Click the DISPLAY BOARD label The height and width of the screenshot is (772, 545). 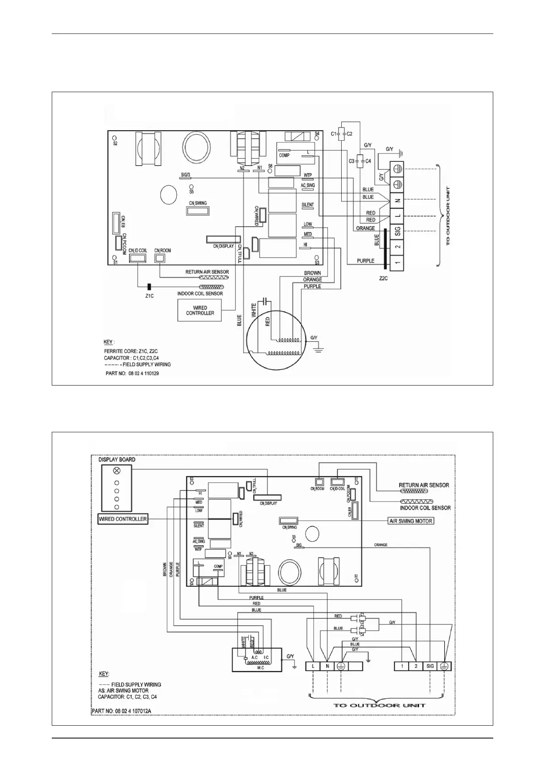(x=117, y=459)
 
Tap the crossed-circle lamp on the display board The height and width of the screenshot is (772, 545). (x=117, y=471)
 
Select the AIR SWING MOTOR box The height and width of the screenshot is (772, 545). (x=410, y=521)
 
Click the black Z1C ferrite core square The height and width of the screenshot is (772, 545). (x=149, y=287)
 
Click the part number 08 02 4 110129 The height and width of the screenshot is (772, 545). (x=132, y=374)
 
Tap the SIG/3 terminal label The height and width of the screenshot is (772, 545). (x=185, y=175)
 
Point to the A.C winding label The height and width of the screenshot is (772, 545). (x=254, y=657)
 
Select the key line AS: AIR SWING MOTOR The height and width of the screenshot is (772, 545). (x=123, y=690)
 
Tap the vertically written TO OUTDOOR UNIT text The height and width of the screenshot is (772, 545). (x=447, y=215)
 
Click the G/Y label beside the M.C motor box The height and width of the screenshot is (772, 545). (x=290, y=656)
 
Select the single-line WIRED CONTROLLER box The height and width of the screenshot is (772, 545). (x=123, y=519)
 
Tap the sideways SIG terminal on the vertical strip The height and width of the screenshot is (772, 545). (x=398, y=231)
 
